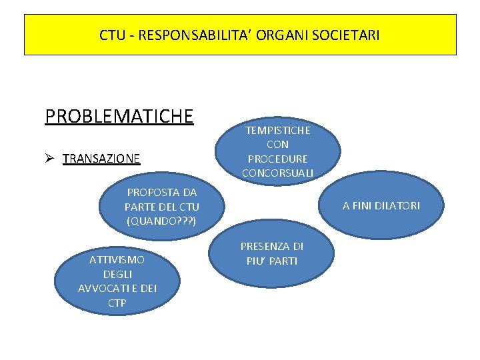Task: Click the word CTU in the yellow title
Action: coord(111,35)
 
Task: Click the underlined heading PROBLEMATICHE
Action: coord(119,116)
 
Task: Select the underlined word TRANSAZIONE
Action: coord(101,159)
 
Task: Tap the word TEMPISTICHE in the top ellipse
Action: coord(277,129)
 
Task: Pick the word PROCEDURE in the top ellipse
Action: coord(277,159)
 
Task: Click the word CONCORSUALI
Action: coord(277,173)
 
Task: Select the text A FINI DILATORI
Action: coord(381,205)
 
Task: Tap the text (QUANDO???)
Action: coord(161,221)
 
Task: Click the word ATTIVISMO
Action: coord(117,259)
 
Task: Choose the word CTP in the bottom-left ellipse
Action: coord(117,303)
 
